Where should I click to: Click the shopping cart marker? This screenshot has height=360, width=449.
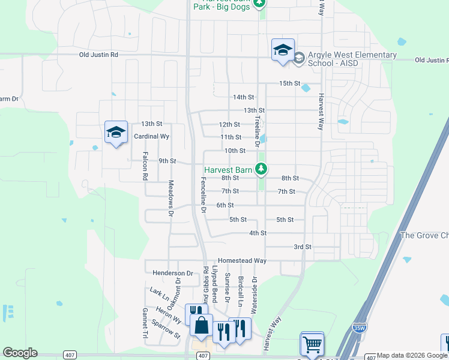point(312,344)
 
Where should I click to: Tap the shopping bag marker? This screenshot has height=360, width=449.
point(201,326)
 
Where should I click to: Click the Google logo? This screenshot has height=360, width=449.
point(20,353)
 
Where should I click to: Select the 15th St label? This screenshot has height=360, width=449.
point(289,83)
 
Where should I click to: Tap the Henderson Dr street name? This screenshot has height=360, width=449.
point(173,273)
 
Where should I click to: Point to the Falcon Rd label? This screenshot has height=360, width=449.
point(145,166)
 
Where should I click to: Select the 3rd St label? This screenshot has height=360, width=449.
point(303,247)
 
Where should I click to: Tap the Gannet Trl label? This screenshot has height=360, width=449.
point(145,322)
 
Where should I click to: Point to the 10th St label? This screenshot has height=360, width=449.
point(235,151)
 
